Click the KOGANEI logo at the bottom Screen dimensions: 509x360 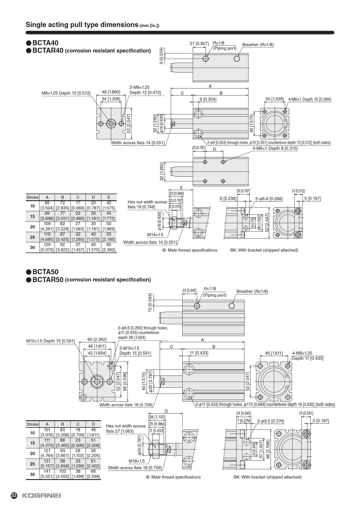(x=41, y=496)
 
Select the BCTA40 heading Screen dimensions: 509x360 (x=45, y=43)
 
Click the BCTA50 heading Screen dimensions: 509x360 (x=45, y=272)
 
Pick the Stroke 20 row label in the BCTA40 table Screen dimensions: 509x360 (x=32, y=227)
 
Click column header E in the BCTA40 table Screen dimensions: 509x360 (x=109, y=197)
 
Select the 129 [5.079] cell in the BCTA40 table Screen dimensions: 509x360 (x=47, y=247)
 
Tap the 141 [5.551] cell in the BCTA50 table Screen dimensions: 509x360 (x=47, y=474)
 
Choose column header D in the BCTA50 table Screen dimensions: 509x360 (x=93, y=424)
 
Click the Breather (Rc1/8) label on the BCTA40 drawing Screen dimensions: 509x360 (x=258, y=45)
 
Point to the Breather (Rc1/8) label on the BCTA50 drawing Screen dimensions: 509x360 (x=252, y=291)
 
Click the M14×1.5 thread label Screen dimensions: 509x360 (x=155, y=235)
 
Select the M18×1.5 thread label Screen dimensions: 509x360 (x=136, y=461)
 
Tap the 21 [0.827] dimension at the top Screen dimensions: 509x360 (x=199, y=44)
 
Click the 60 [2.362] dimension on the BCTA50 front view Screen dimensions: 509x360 (x=97, y=340)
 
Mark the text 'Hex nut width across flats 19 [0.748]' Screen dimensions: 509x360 (x=147, y=204)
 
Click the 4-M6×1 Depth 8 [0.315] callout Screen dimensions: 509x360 (x=275, y=148)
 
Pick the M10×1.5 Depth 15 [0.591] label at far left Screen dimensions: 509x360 (x=51, y=341)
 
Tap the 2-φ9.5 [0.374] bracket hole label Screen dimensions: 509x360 (x=271, y=421)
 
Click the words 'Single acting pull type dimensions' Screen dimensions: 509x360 (x=82, y=25)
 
